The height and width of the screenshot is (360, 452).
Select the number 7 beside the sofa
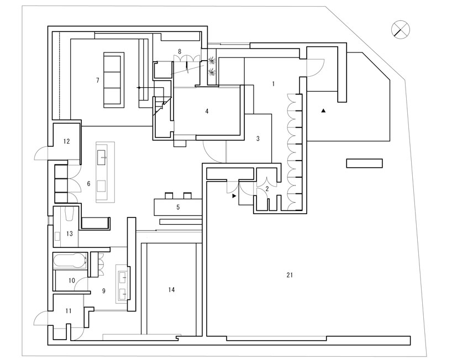pyautogui.click(x=97, y=81)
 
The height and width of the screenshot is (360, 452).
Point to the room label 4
pyautogui.click(x=207, y=111)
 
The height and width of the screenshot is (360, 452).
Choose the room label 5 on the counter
pyautogui.click(x=178, y=208)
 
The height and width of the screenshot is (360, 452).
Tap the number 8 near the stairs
pyautogui.click(x=179, y=51)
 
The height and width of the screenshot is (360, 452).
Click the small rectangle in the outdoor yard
pyautogui.click(x=364, y=163)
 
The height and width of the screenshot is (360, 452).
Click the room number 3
pyautogui.click(x=258, y=139)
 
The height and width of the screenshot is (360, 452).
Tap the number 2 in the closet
pyautogui.click(x=267, y=189)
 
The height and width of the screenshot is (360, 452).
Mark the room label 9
pyautogui.click(x=103, y=289)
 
